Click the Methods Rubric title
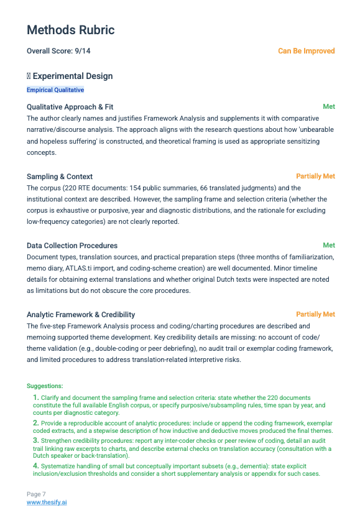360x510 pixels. (70, 30)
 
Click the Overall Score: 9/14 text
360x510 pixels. (62, 51)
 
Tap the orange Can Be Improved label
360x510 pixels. (306, 51)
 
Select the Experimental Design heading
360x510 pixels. (72, 76)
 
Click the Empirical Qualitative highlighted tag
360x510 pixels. (55, 90)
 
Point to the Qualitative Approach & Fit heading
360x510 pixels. (70, 107)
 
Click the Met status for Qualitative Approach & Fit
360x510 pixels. (329, 106)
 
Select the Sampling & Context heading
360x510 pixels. (60, 177)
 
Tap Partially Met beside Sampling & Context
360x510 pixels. (315, 176)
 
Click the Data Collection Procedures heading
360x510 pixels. (72, 246)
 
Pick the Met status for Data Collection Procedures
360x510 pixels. (329, 245)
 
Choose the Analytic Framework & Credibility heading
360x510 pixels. (81, 315)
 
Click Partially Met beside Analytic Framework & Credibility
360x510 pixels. (315, 314)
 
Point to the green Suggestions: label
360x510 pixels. (45, 386)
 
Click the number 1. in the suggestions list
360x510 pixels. (36, 397)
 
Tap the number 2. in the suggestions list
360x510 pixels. (36, 423)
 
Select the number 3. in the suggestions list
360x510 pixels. (36, 440)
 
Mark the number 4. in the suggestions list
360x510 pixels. (36, 466)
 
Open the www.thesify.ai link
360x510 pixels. (47, 502)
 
